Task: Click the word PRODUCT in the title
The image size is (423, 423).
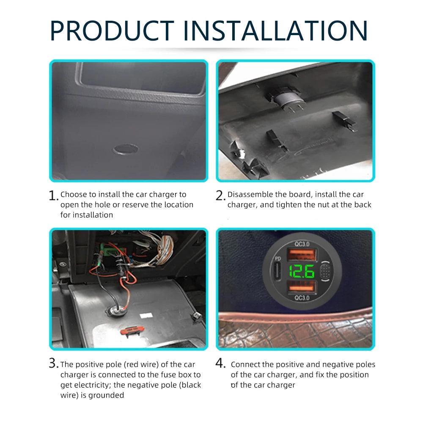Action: click(x=112, y=30)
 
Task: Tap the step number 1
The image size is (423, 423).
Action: click(x=53, y=196)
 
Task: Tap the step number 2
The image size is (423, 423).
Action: click(x=220, y=196)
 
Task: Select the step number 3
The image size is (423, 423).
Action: click(x=53, y=363)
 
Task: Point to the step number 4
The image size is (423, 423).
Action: click(x=221, y=363)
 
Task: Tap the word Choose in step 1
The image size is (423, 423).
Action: click(x=72, y=195)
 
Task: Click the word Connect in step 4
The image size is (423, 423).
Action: click(x=245, y=365)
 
